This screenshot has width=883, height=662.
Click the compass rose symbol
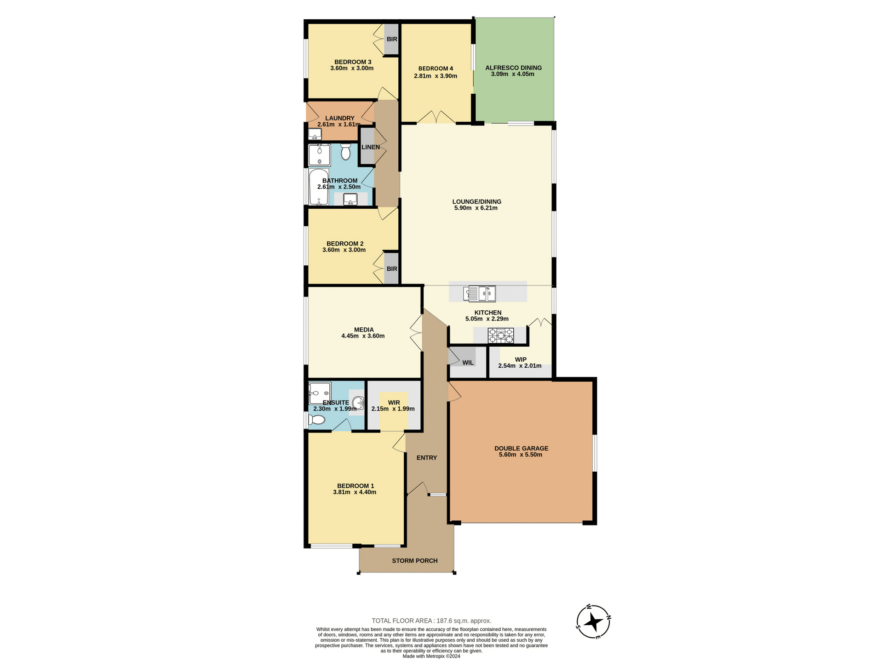(594, 622)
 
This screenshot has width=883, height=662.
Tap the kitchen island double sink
(479, 293)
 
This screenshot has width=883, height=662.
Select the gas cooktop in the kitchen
(501, 336)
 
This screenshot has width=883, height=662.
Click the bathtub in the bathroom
(318, 187)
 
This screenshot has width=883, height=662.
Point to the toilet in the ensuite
(317, 420)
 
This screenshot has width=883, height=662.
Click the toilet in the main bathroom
(346, 151)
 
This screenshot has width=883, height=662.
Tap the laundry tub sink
(315, 134)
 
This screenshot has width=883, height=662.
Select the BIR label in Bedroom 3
(391, 40)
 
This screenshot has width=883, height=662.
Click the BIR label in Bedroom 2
(391, 269)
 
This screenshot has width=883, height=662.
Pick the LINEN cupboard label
(370, 147)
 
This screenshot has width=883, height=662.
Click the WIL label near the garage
(468, 363)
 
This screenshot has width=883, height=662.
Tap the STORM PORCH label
(414, 561)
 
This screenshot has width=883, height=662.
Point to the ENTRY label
(426, 458)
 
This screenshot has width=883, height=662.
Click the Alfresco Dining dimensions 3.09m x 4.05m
(512, 74)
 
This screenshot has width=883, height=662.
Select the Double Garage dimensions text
(520, 455)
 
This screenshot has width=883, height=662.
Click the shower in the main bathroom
(319, 155)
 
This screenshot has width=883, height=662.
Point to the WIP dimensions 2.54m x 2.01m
(520, 366)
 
